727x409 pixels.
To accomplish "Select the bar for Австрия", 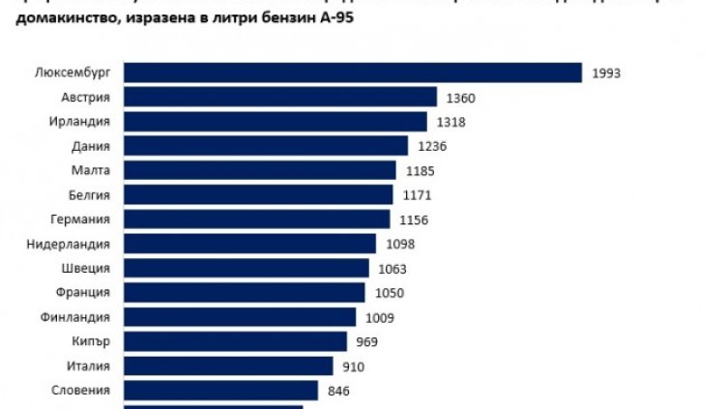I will click(281, 98).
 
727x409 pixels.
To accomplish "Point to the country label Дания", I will click(90, 146).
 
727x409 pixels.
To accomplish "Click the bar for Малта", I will click(260, 171).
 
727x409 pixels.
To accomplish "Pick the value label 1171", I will click(416, 195).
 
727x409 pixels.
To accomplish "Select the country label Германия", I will click(80, 219).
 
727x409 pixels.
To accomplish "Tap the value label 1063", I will click(392, 269).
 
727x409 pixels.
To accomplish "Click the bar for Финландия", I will click(243, 317).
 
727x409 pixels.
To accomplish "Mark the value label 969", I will click(365, 342).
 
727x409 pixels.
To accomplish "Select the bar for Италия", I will click(228, 366).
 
